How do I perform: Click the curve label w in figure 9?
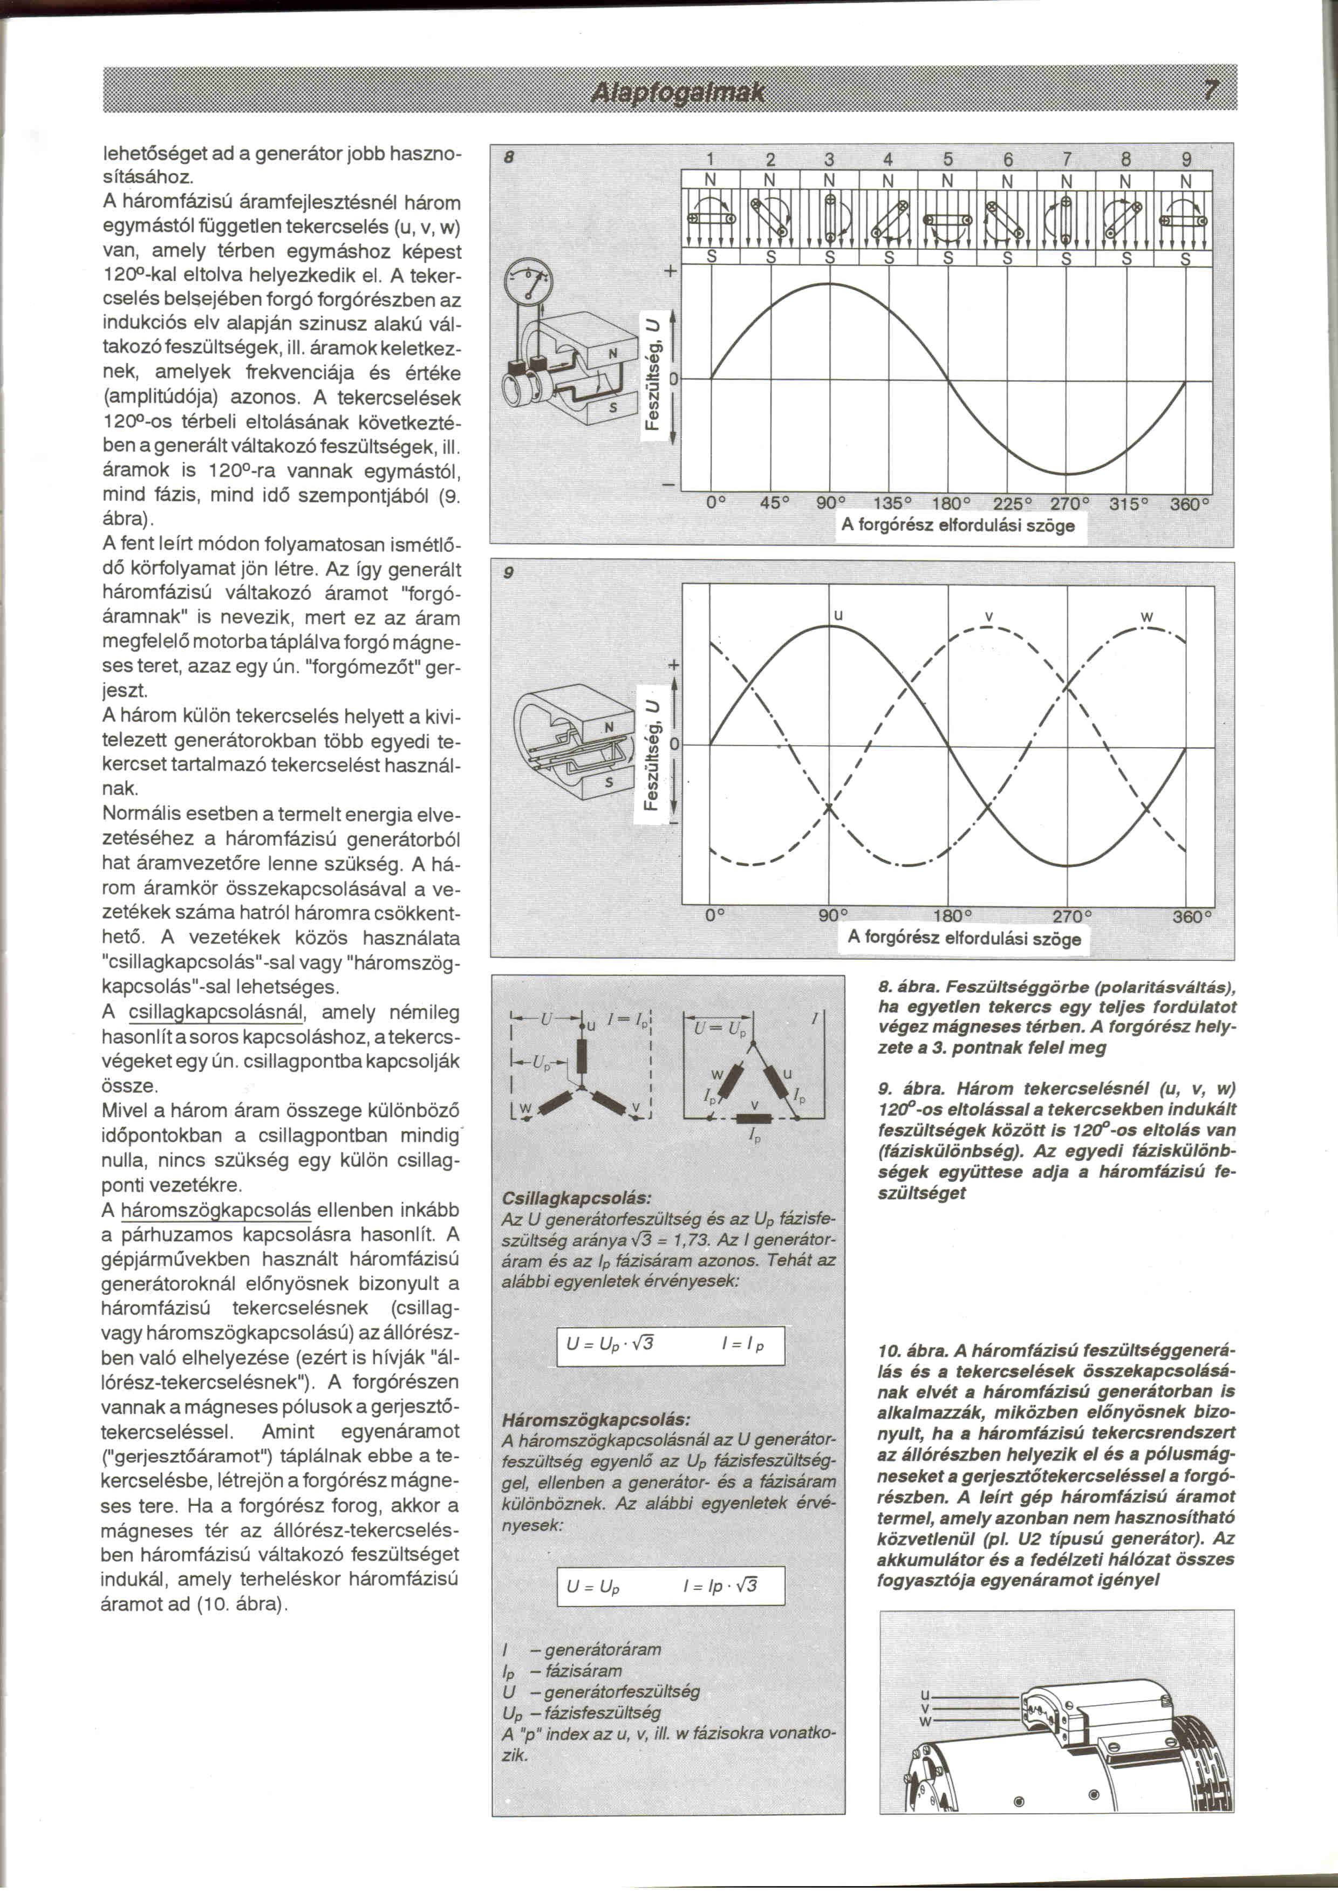pos(1147,617)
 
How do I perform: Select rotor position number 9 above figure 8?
pos(1186,159)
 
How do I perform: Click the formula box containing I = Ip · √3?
pos(671,1586)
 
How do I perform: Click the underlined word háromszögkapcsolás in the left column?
pos(216,1211)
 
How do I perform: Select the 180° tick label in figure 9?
pos(953,916)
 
